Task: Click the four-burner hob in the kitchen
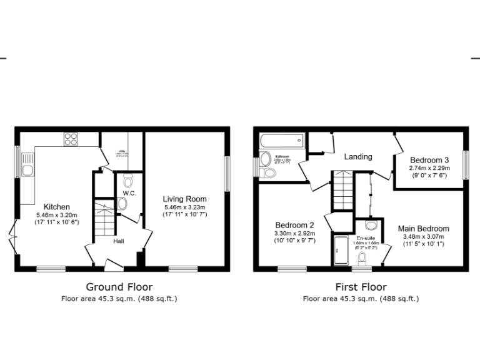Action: (71, 139)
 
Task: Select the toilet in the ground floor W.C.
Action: (128, 182)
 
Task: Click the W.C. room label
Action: (129, 194)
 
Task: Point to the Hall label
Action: (119, 241)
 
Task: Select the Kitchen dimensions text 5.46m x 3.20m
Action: (57, 215)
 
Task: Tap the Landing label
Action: (358, 156)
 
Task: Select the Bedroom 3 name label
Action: (429, 159)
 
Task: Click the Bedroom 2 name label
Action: (294, 225)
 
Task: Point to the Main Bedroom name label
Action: (424, 229)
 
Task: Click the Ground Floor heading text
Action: (119, 286)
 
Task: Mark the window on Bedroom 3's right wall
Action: (465, 166)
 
